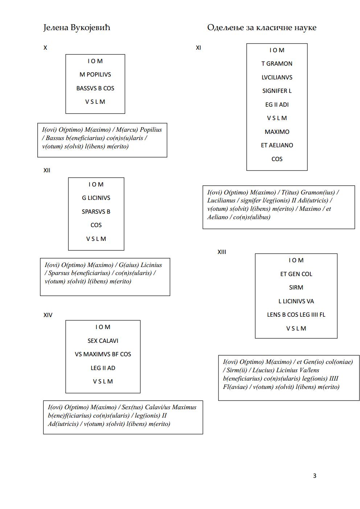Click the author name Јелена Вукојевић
(x=77, y=28)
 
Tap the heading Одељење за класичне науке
(x=262, y=28)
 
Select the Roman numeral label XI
(x=198, y=48)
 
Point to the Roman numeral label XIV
(x=48, y=315)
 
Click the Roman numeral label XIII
(x=222, y=252)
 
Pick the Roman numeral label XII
(x=46, y=170)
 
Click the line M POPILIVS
(x=95, y=74)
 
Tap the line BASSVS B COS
(x=95, y=88)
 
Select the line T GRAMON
(x=277, y=63)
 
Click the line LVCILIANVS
(x=277, y=77)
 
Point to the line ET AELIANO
(x=277, y=145)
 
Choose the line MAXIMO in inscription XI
(x=277, y=132)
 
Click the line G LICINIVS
(x=96, y=198)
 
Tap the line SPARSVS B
(x=96, y=212)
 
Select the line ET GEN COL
(x=296, y=274)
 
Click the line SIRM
(x=296, y=287)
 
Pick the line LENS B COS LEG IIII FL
(x=296, y=315)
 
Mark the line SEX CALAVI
(x=103, y=341)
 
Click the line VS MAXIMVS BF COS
(x=103, y=354)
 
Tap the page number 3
(x=315, y=476)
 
